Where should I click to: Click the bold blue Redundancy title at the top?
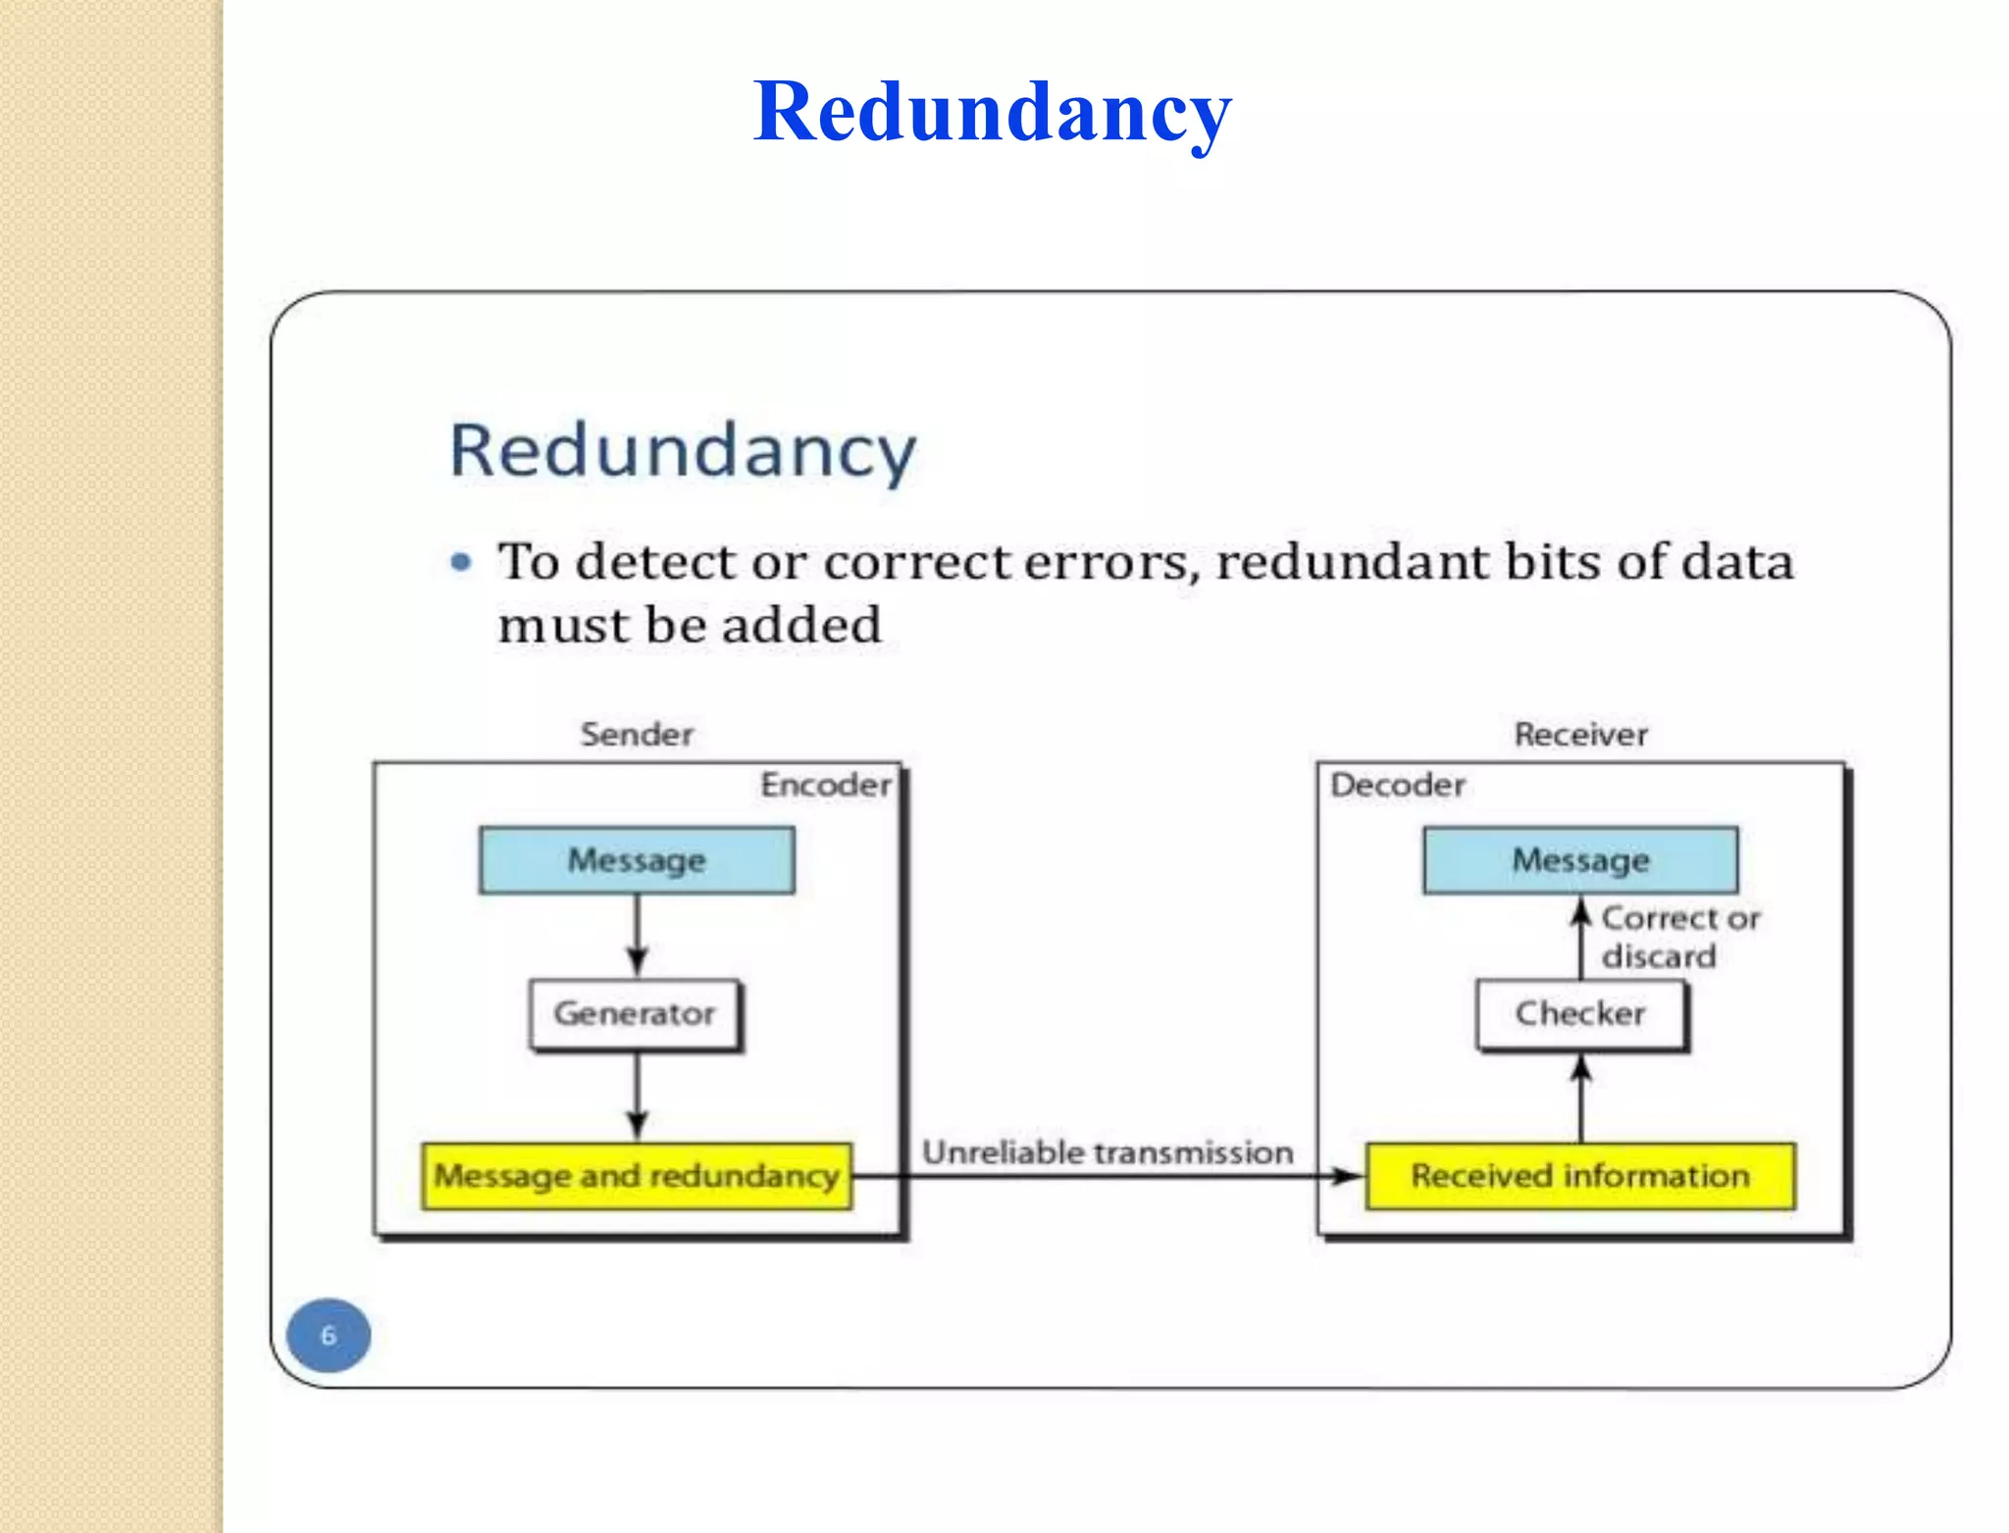(992, 113)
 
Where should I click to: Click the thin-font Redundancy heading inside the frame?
(683, 451)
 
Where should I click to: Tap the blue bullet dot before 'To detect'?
(461, 562)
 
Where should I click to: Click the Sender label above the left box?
(637, 735)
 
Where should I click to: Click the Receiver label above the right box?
(1580, 735)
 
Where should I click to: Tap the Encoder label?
(825, 785)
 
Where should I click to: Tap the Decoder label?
(1397, 785)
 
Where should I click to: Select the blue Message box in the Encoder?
(637, 860)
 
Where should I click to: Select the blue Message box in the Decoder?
(1580, 860)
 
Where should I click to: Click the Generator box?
(635, 1014)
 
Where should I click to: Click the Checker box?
(1580, 1014)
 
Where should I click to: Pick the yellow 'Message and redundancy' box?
(637, 1175)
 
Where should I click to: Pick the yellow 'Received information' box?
(1580, 1175)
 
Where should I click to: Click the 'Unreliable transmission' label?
(1108, 1151)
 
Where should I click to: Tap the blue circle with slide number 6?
(329, 1335)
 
